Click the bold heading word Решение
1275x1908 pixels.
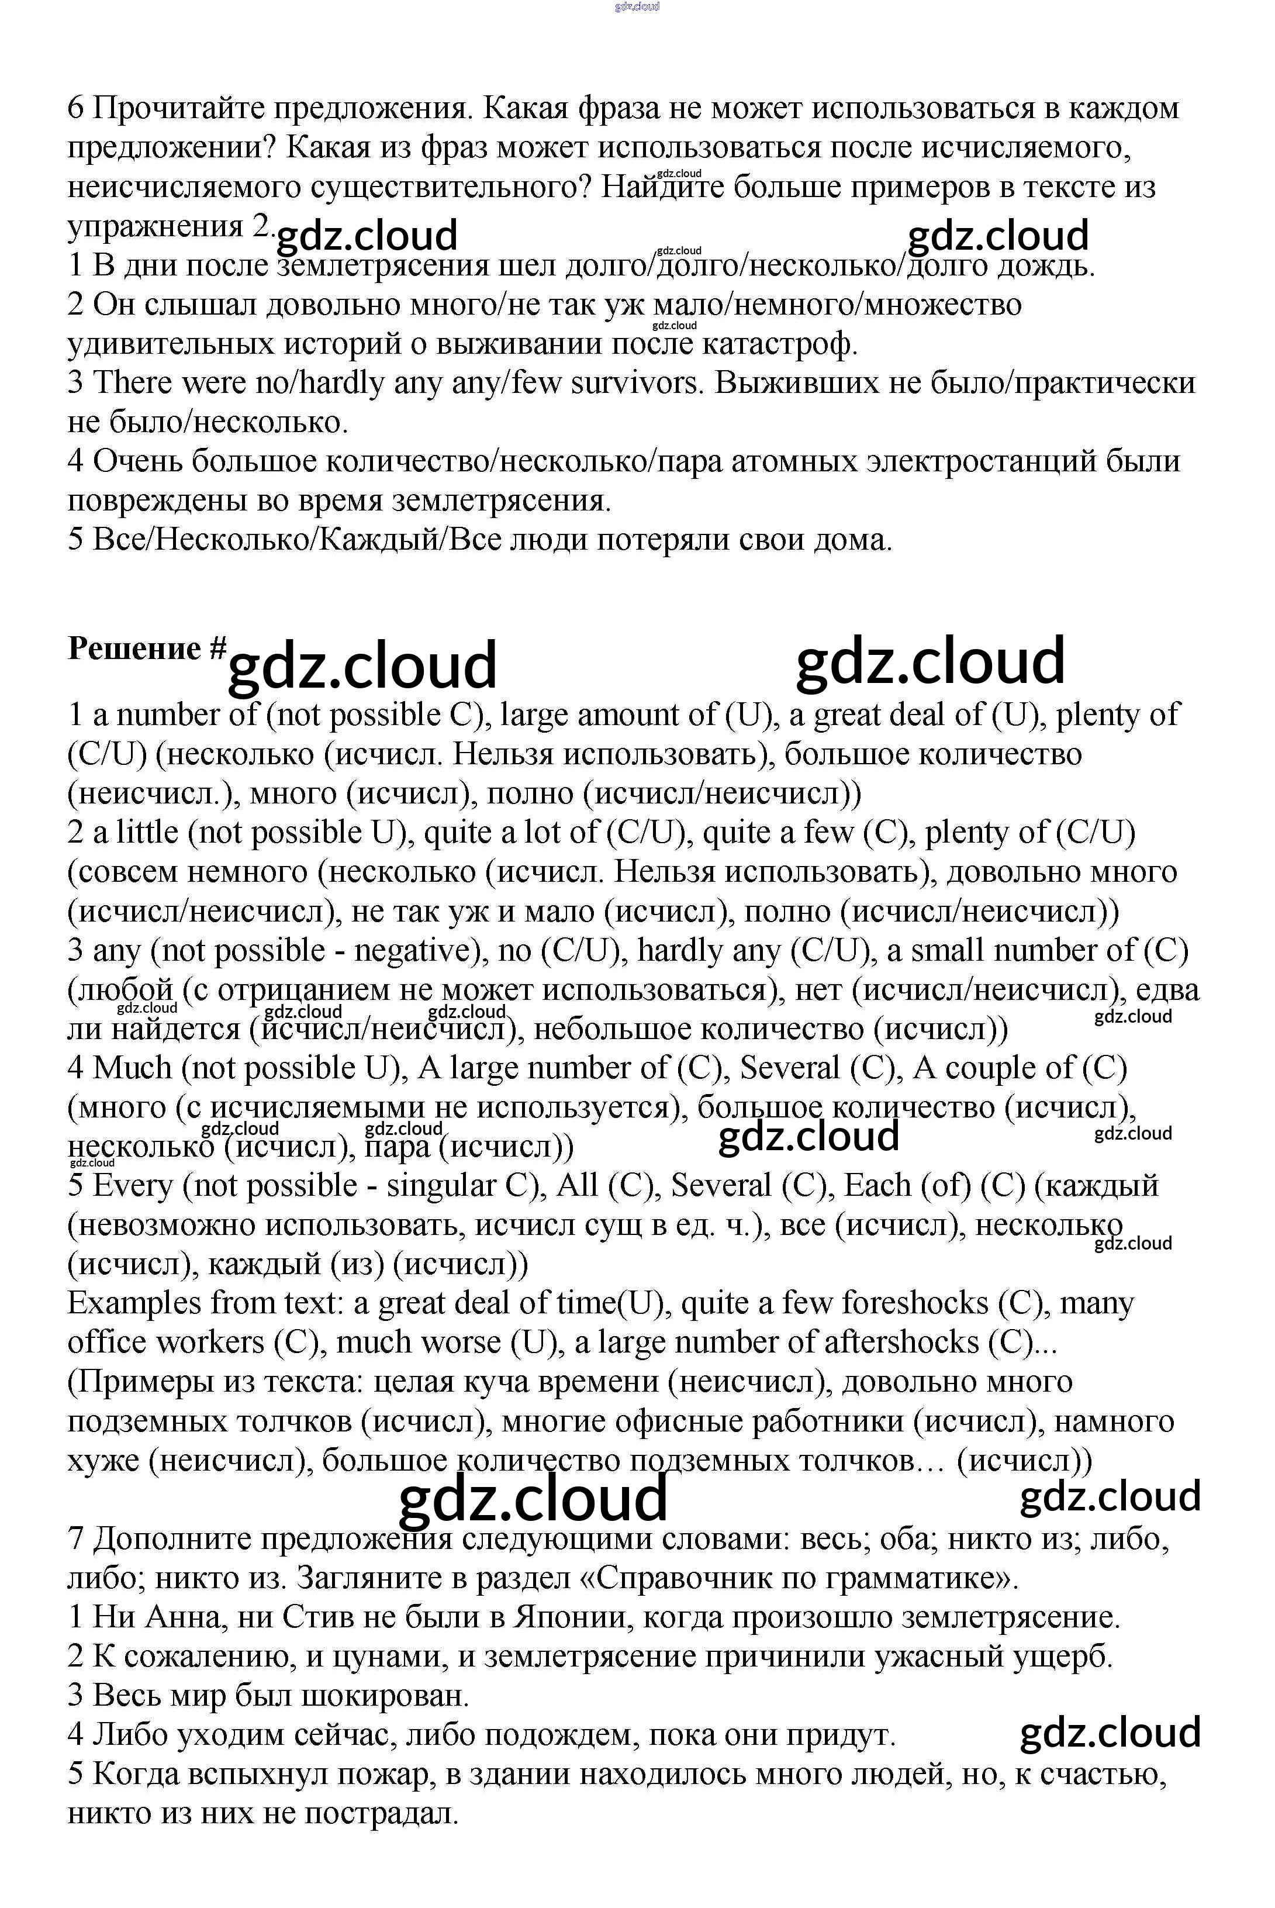134,648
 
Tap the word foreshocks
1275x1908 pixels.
915,1304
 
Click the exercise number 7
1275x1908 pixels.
75,1539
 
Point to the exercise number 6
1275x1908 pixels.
75,108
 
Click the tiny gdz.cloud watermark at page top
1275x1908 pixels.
637,6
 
